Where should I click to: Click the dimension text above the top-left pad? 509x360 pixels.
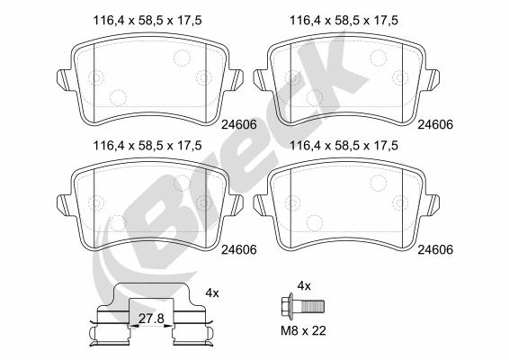point(147,21)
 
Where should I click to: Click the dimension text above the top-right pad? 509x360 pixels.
point(344,21)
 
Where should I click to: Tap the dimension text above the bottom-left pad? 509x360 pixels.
point(147,146)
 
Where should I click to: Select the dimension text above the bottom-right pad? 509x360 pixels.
point(344,146)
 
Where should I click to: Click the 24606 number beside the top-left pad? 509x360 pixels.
point(239,124)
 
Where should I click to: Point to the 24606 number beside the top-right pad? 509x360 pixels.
point(435,124)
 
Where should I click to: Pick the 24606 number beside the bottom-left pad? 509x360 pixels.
point(239,249)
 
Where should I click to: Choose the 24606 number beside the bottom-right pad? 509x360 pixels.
point(435,249)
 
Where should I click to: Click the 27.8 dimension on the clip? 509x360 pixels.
point(151,319)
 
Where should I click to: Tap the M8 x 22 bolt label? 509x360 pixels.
point(303,331)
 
